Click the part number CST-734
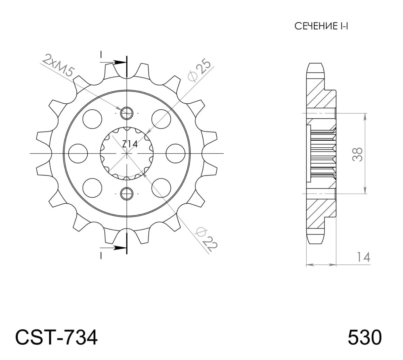pos(56,337)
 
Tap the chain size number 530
pos(364,337)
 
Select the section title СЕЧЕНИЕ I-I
pos(321,26)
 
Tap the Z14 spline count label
pos(129,144)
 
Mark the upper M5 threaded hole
pos(127,113)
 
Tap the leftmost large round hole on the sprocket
pos(78,153)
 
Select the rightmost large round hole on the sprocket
pos(175,153)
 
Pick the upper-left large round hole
pos(92,119)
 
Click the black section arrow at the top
pos(119,62)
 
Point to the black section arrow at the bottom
pos(119,248)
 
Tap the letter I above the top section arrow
pos(100,54)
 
